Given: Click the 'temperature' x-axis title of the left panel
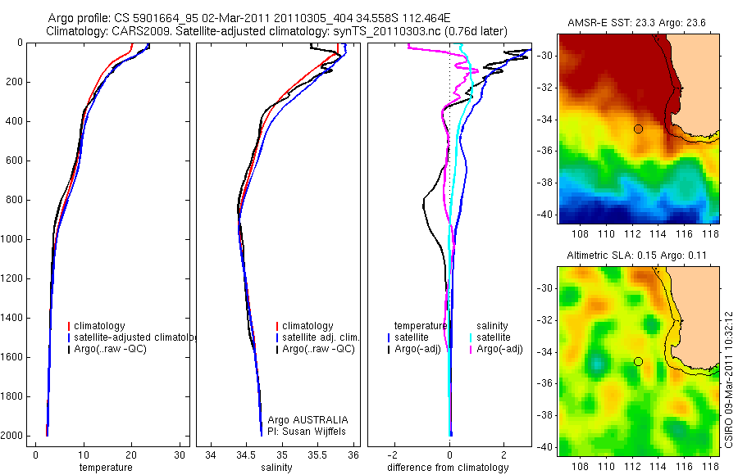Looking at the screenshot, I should pyautogui.click(x=105, y=468).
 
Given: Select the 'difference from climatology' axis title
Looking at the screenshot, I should pyautogui.click(x=449, y=468).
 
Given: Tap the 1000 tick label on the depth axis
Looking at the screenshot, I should pyautogui.click(x=13, y=239).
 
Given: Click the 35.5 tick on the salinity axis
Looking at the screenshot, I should pyautogui.click(x=318, y=455).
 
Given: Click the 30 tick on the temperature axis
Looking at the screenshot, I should pyautogui.click(x=180, y=455).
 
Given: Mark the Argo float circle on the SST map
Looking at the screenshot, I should pyautogui.click(x=638, y=129).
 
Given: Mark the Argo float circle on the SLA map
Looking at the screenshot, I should pyautogui.click(x=638, y=361).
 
